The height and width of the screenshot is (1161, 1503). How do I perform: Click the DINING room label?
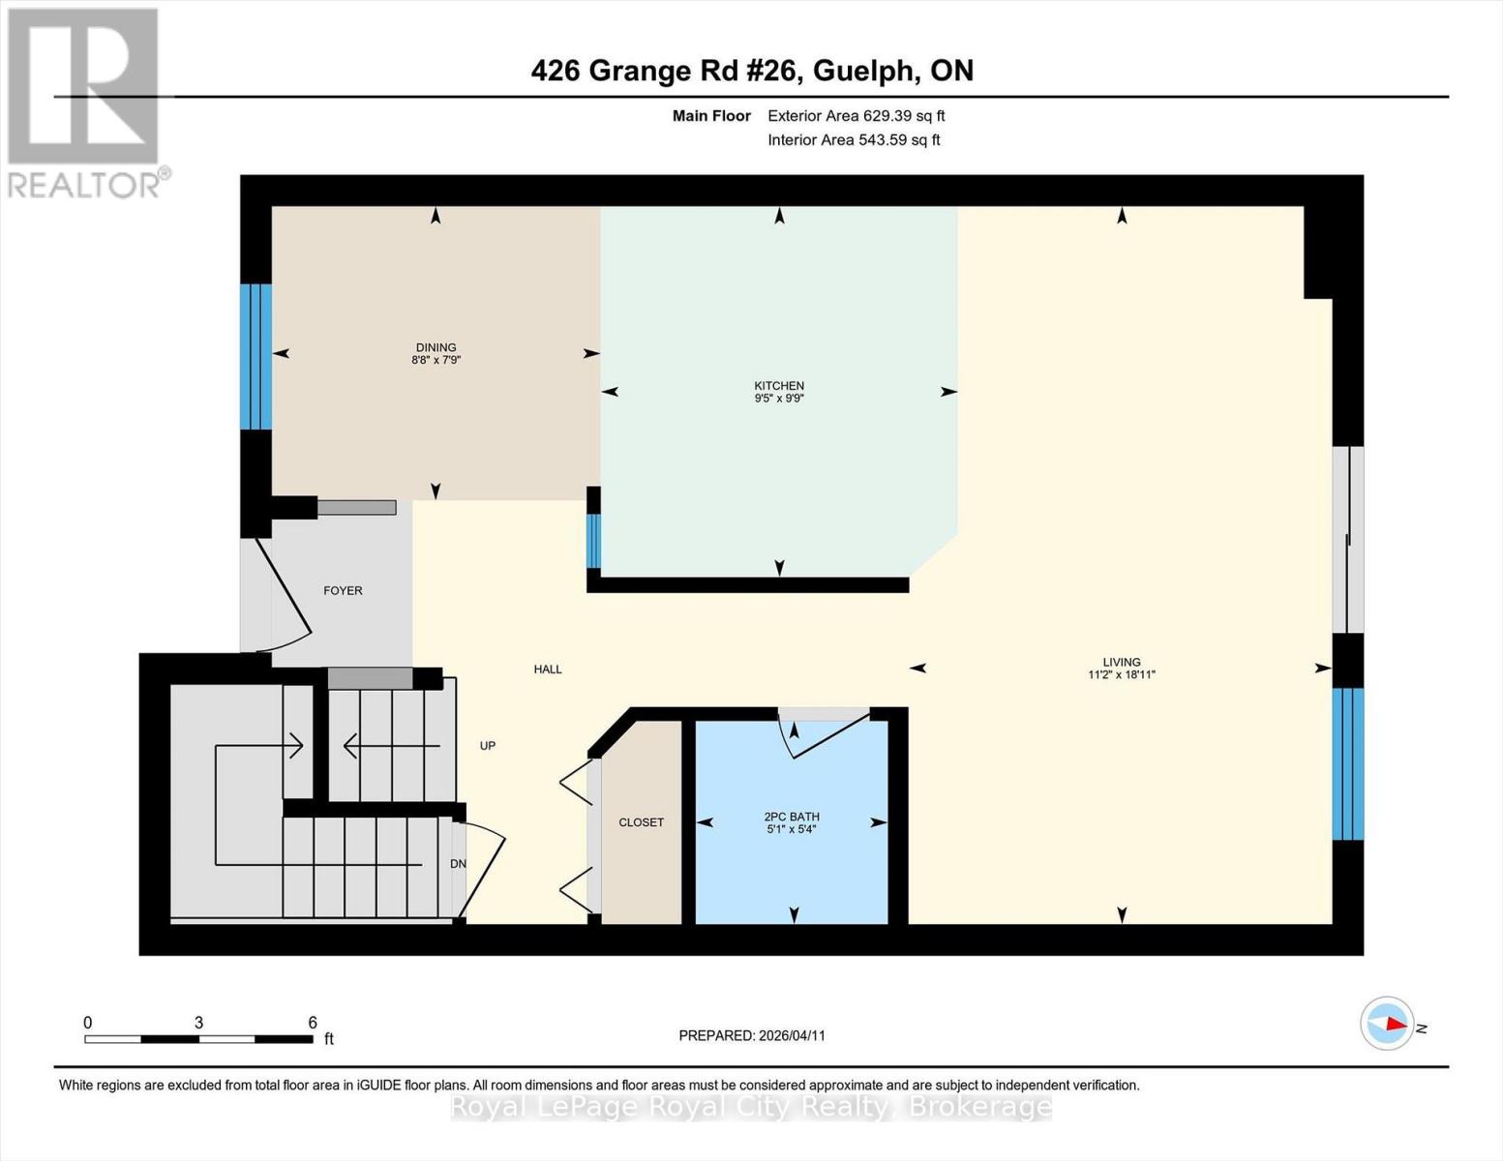[x=436, y=347]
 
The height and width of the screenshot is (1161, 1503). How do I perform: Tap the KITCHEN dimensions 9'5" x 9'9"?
[x=779, y=398]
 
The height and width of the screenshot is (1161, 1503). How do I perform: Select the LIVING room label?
[x=1122, y=662]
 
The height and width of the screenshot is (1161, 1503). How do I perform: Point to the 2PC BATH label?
[x=792, y=817]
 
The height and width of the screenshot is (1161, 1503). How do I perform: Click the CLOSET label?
[x=641, y=822]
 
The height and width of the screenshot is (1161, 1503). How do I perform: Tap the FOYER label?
[x=343, y=590]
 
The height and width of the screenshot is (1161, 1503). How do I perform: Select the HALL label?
[x=548, y=669]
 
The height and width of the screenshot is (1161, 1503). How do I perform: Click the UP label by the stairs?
[x=488, y=746]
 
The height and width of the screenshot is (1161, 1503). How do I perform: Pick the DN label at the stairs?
[x=458, y=864]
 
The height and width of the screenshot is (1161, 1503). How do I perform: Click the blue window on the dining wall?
[x=256, y=356]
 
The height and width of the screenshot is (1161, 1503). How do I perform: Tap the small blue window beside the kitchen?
[x=593, y=540]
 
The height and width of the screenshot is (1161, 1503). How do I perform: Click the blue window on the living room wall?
[x=1348, y=763]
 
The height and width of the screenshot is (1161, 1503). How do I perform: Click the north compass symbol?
[x=1388, y=1023]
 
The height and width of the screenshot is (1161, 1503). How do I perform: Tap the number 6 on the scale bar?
[x=313, y=1022]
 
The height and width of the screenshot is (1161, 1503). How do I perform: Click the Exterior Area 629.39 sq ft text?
[x=856, y=115]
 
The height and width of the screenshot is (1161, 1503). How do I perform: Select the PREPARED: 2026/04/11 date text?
[x=751, y=1035]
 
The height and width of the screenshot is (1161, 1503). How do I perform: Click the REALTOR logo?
[x=85, y=102]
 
